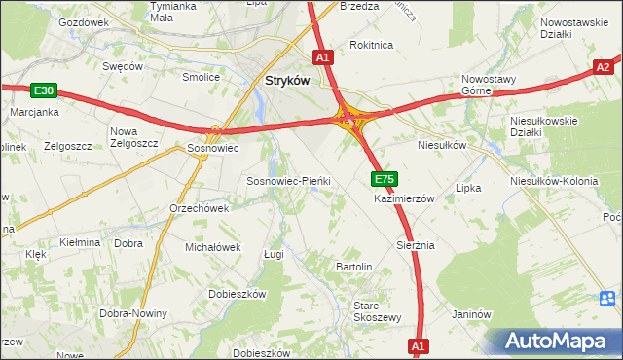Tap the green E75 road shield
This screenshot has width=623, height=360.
click(x=384, y=179)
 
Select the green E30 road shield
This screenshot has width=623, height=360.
click(x=42, y=90)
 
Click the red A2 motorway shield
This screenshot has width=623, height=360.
click(x=605, y=66)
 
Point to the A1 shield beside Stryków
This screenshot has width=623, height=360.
click(x=324, y=57)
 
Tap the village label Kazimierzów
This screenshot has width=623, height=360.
click(x=404, y=198)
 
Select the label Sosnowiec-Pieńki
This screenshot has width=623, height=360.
click(x=289, y=181)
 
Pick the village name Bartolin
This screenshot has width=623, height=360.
click(x=354, y=266)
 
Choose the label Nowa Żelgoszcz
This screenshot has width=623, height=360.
click(x=135, y=138)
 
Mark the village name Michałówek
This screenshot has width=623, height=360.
click(x=212, y=247)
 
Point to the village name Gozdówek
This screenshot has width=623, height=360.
click(x=84, y=21)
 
